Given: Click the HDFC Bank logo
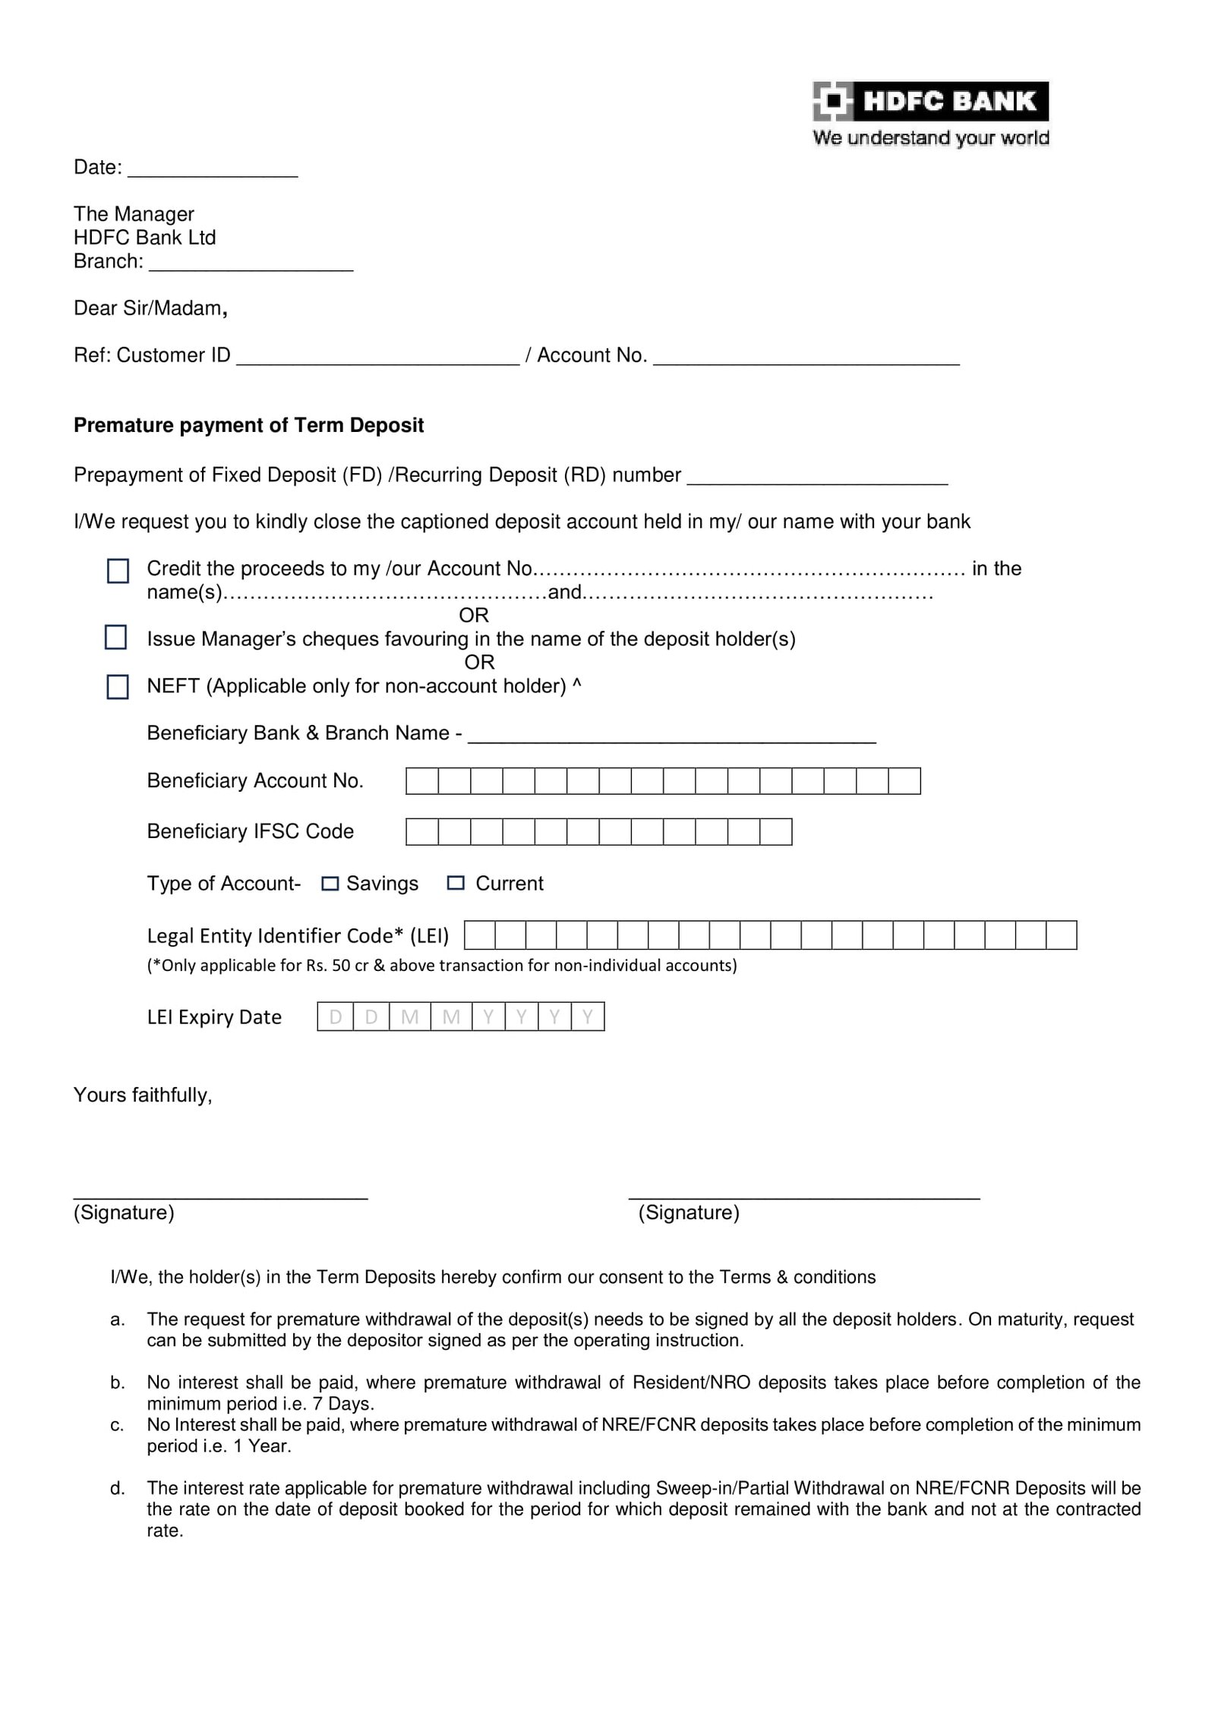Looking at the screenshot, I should click(929, 101).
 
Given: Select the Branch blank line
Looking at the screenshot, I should click(251, 266).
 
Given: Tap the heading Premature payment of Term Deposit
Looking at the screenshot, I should click(248, 425).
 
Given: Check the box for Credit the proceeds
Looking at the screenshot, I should click(118, 571).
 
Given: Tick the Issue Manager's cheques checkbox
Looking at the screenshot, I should click(115, 638).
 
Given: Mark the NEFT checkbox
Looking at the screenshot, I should click(118, 687).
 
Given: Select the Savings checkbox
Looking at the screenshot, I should click(330, 884).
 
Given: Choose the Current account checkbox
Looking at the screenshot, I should click(456, 883).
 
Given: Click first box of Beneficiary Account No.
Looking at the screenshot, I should click(422, 781).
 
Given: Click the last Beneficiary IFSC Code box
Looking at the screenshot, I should click(775, 832).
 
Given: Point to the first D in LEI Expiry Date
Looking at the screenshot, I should click(336, 1017).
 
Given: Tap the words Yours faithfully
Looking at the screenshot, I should click(143, 1095).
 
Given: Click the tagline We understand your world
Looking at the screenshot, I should click(930, 138).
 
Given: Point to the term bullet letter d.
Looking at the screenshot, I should click(117, 1489).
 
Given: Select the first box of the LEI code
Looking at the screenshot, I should click(480, 935).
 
